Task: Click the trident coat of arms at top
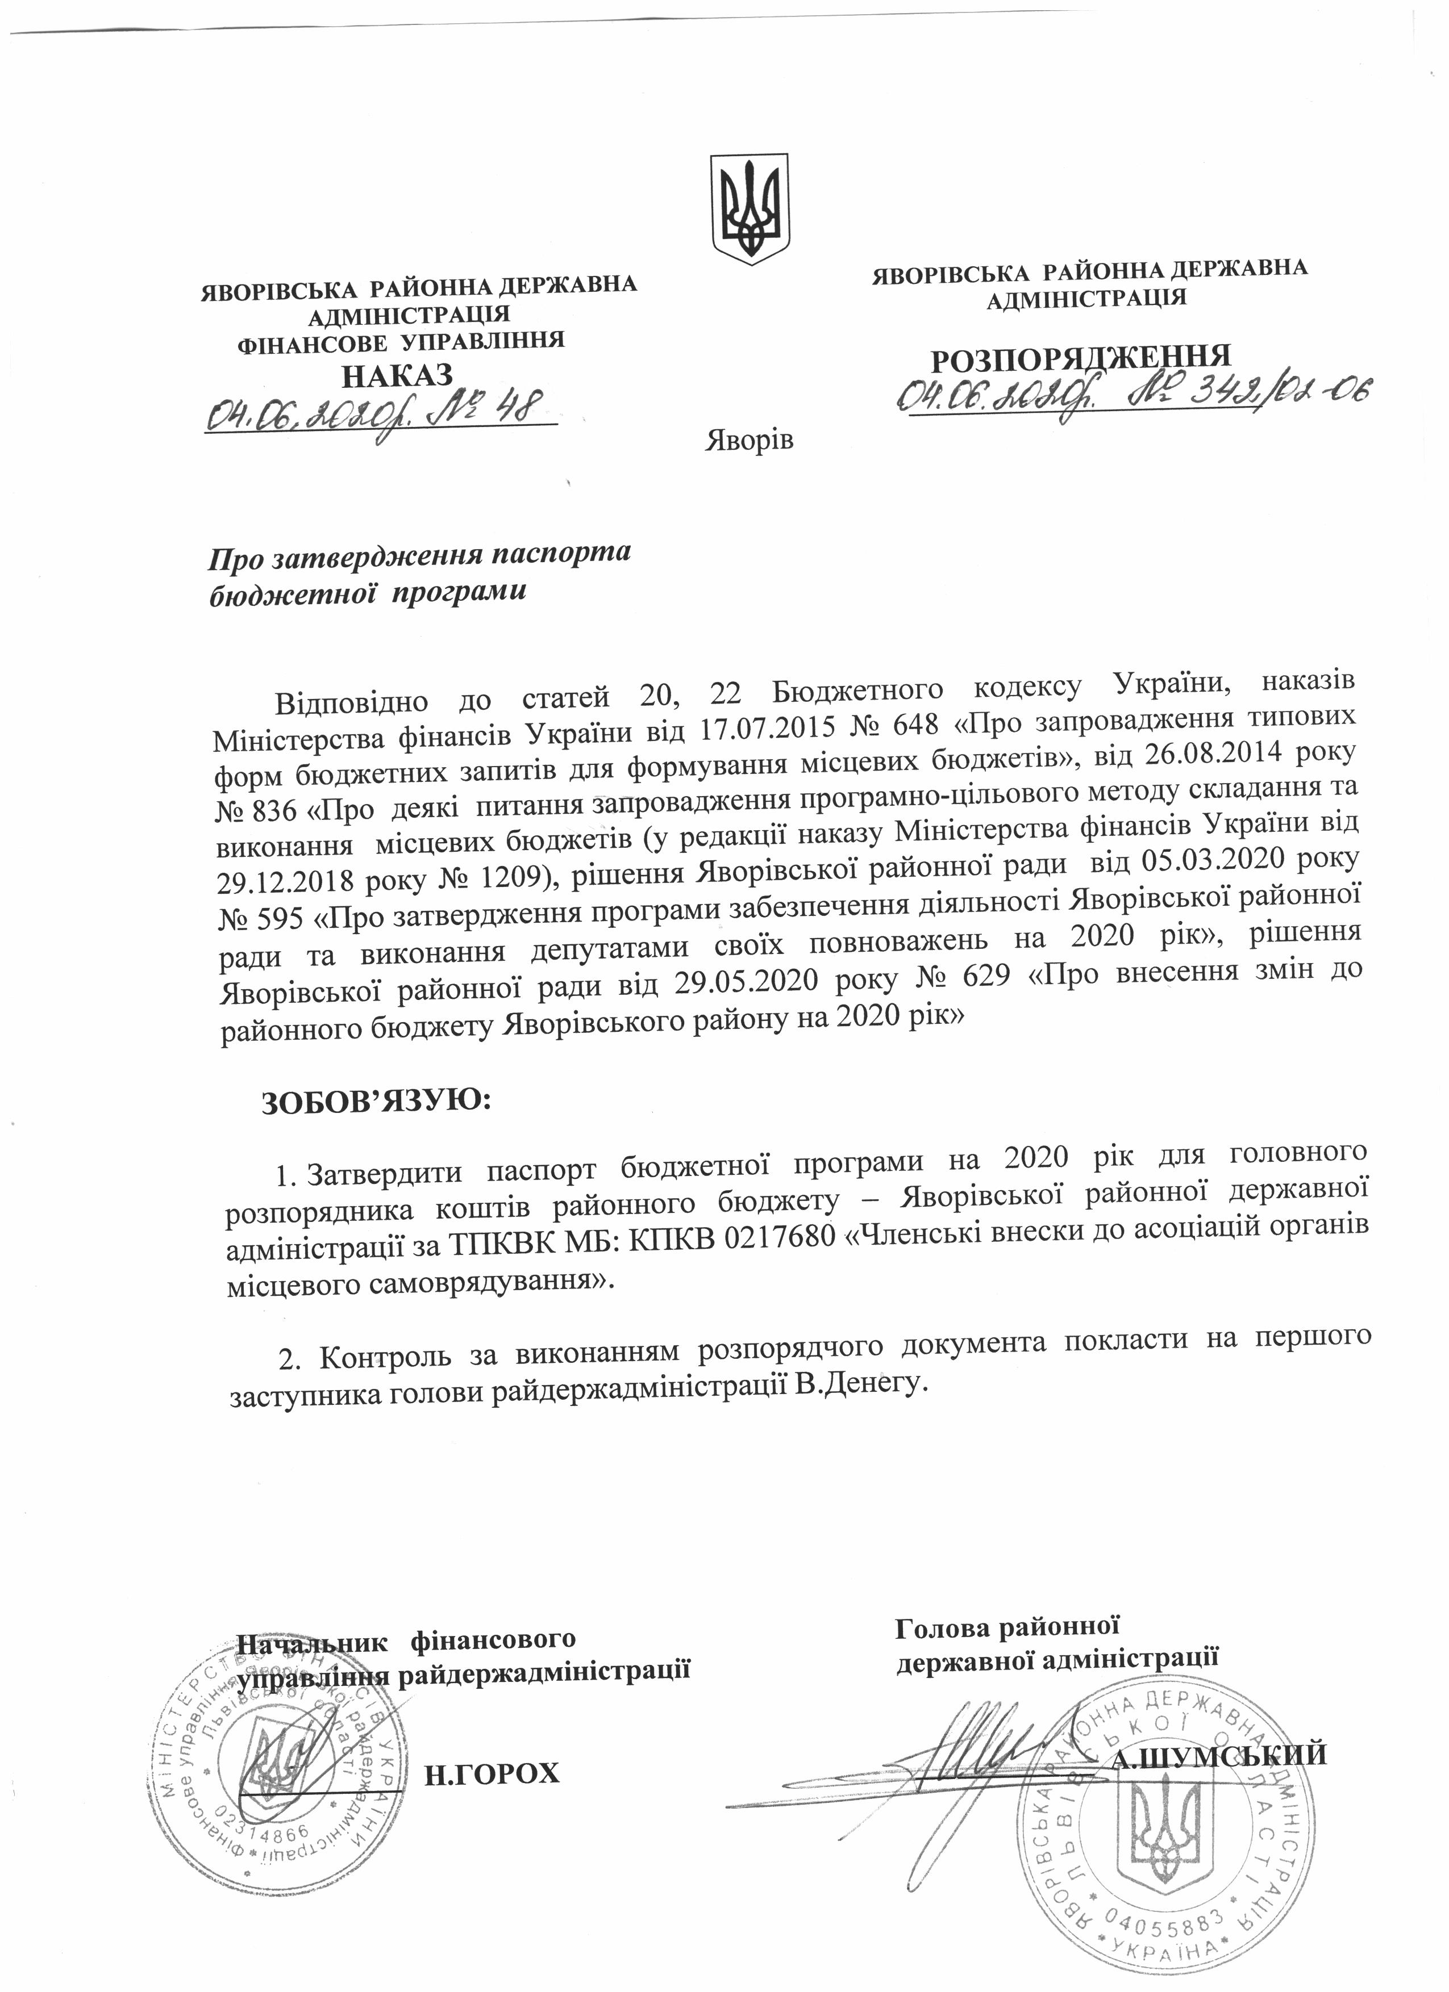[750, 209]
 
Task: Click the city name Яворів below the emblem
[750, 439]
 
